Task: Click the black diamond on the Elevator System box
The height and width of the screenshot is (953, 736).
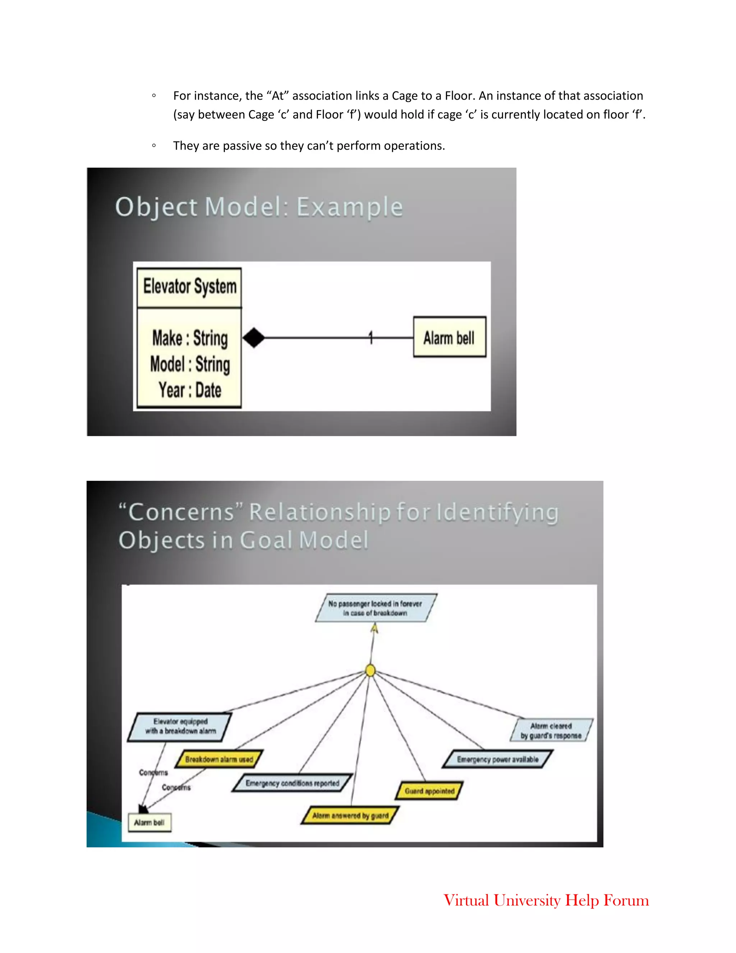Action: click(254, 338)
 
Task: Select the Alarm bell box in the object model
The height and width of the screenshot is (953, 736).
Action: click(449, 337)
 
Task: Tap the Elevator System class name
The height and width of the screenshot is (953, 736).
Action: click(190, 287)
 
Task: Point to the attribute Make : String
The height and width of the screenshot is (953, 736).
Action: click(190, 338)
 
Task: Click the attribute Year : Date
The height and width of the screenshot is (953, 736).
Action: click(190, 390)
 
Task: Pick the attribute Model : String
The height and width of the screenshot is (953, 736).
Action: click(190, 364)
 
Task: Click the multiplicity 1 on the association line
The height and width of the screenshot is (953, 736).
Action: click(371, 337)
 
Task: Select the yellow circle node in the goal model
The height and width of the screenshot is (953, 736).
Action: click(370, 670)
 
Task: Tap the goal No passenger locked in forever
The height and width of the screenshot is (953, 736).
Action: click(376, 608)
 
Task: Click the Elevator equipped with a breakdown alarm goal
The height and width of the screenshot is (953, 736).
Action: click(180, 726)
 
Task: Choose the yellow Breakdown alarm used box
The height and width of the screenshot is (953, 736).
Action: click(219, 759)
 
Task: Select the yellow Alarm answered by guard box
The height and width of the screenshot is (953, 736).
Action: click(350, 816)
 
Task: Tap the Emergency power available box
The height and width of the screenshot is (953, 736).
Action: click(497, 759)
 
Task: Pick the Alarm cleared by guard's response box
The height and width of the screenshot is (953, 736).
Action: click(551, 730)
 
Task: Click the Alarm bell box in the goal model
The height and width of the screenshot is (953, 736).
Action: click(149, 822)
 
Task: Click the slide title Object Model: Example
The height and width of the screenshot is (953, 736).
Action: click(259, 207)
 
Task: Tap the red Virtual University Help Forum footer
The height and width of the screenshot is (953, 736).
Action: click(546, 900)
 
